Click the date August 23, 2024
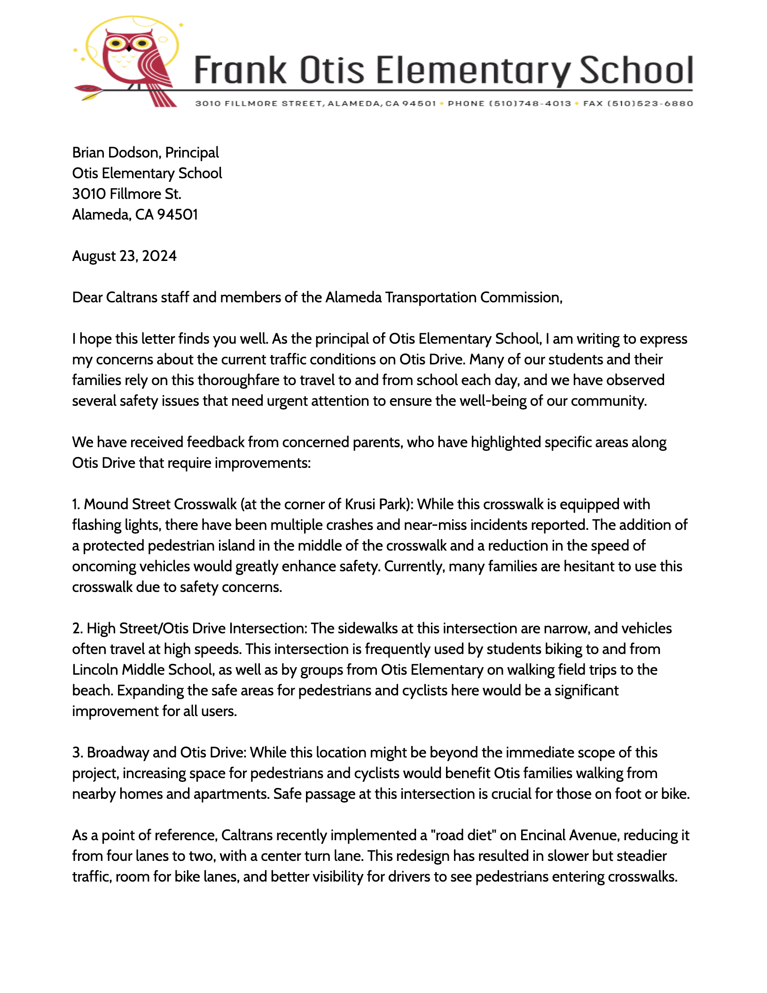click(x=124, y=256)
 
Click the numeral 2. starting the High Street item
click(x=78, y=628)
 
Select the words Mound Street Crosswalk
click(x=160, y=504)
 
